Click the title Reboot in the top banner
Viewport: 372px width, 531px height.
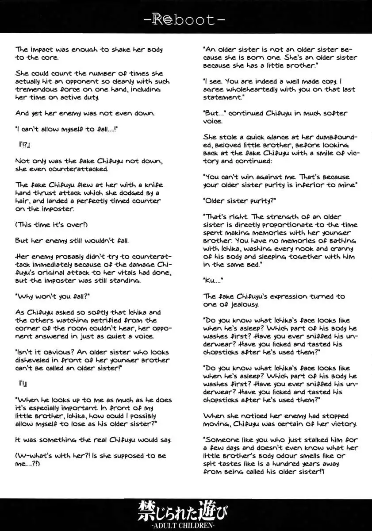186,19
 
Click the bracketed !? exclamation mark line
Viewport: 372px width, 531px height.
23,145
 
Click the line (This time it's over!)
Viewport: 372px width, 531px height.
51,224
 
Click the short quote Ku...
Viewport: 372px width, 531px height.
211,280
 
